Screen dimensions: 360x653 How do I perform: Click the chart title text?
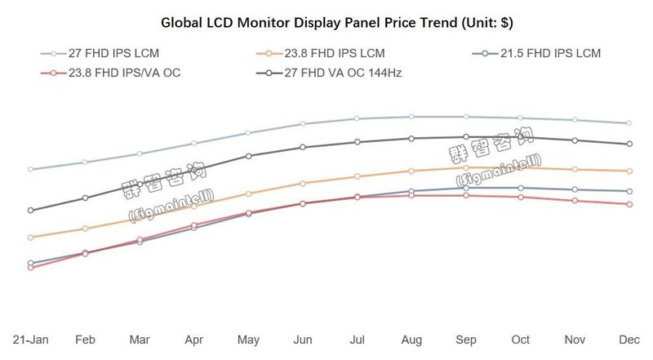[x=326, y=21]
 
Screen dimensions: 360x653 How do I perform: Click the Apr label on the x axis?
[x=194, y=339]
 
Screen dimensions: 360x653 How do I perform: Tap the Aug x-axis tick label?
[x=411, y=339]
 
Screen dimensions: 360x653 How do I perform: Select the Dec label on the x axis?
[x=629, y=339]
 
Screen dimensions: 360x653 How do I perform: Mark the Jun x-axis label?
[x=303, y=339]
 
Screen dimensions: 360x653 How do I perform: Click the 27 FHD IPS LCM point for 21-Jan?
[x=31, y=169]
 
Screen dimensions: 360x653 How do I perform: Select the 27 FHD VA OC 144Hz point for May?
[x=248, y=155]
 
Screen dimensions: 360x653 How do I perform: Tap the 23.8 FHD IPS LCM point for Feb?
[x=85, y=228]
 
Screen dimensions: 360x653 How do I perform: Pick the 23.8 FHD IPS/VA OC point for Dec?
[x=629, y=204]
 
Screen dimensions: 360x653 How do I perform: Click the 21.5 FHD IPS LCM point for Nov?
[x=575, y=189]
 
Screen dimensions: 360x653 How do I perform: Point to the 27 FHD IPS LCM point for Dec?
[x=629, y=123]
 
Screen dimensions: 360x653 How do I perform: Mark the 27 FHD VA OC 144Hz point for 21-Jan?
[x=31, y=210]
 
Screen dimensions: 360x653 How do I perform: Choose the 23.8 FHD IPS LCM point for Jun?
[x=303, y=183]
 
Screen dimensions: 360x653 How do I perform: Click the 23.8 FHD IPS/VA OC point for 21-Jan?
[x=31, y=267]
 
